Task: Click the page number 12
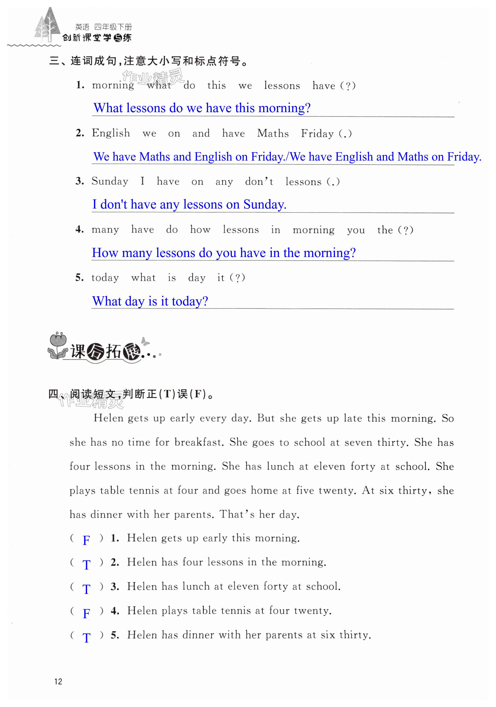[58, 681]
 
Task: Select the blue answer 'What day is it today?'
[150, 301]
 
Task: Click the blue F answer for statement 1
[86, 540]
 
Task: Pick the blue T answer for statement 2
[86, 564]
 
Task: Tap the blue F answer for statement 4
[86, 613]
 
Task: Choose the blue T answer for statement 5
[86, 637]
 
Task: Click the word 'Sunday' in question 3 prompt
[110, 181]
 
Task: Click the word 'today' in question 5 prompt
[105, 278]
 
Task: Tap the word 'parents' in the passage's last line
[194, 514]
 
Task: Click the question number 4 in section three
[79, 229]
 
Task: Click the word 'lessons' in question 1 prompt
[282, 85]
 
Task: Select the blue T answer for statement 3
[86, 589]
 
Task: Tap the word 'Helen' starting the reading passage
[108, 418]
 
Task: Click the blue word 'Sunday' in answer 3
[264, 204]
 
